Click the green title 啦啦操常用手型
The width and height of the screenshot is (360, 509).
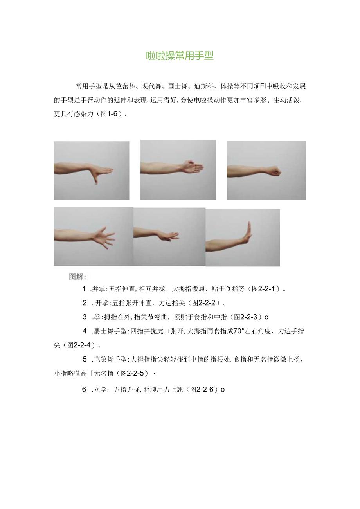[x=180, y=56]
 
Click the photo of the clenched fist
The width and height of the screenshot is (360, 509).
[x=266, y=171]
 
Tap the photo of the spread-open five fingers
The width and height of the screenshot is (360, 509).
[x=93, y=236]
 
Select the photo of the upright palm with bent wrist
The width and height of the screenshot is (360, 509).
[x=243, y=237]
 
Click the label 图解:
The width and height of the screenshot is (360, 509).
[x=77, y=277]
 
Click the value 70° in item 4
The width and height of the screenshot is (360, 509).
[x=239, y=331]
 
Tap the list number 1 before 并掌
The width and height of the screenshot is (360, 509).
[x=84, y=289]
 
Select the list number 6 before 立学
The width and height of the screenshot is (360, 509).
[x=84, y=390]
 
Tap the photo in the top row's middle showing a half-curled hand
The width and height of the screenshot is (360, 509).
[x=178, y=170]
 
